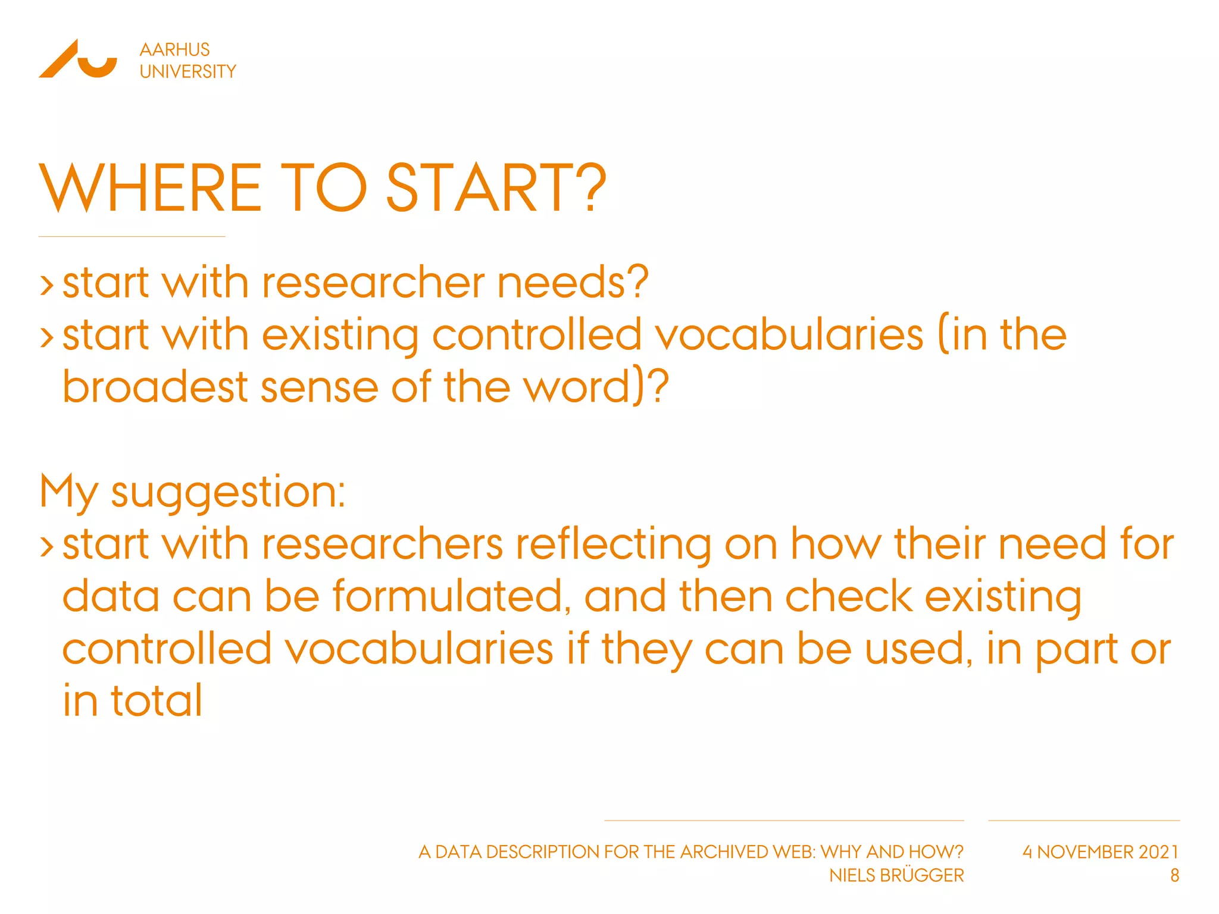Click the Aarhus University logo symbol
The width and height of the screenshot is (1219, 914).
[78, 59]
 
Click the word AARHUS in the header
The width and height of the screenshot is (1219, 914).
[174, 49]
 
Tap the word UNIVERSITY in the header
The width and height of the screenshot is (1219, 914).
[187, 71]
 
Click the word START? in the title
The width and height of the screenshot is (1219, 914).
[496, 188]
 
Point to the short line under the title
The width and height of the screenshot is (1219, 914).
[132, 236]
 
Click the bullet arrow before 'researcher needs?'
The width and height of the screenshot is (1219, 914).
[46, 284]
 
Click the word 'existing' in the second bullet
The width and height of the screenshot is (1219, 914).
[340, 335]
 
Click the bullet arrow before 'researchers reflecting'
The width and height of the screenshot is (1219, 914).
[46, 546]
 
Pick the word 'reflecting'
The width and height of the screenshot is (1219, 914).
[613, 545]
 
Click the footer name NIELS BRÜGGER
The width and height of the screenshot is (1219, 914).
[896, 875]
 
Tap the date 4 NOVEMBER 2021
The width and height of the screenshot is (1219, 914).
[1101, 852]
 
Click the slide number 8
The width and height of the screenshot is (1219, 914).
[1174, 875]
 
